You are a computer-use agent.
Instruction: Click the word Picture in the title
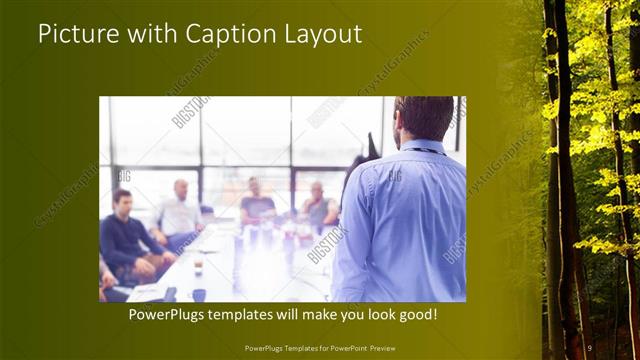69,34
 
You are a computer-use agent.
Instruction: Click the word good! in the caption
413,315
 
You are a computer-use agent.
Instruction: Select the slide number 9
590,347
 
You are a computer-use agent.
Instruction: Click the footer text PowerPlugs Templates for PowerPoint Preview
319,347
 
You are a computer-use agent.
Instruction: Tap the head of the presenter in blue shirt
425,118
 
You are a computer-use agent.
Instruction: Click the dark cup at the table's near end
199,295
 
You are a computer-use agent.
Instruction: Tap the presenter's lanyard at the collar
425,150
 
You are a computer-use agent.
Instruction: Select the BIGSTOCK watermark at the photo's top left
189,112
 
